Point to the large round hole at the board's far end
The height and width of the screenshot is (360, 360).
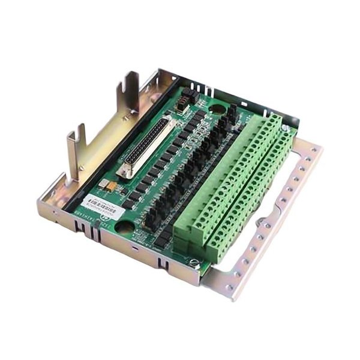click(217, 109)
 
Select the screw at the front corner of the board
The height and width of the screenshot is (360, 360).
click(193, 262)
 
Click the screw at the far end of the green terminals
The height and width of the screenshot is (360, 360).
click(287, 128)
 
